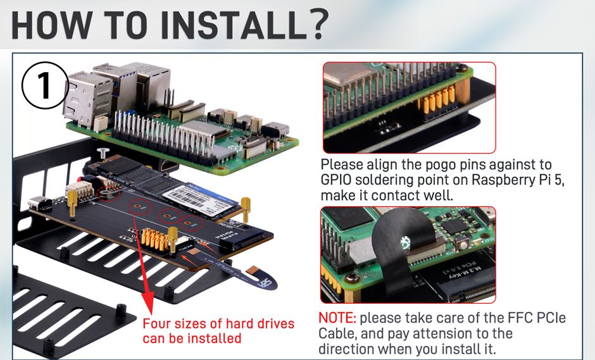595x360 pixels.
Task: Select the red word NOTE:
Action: click(x=337, y=318)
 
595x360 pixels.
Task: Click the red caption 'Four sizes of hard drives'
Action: click(x=218, y=324)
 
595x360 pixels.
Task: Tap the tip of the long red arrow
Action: click(x=148, y=304)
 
